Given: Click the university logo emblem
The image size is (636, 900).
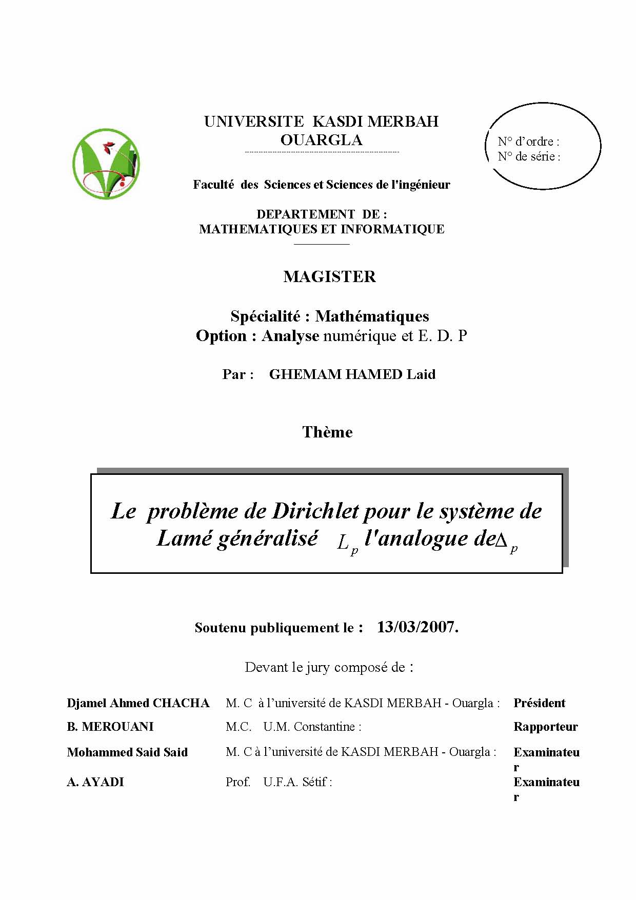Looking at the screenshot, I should (x=106, y=164).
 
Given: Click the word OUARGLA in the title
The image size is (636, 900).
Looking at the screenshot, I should (x=322, y=140).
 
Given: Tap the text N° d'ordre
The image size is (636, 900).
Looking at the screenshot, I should (x=528, y=142).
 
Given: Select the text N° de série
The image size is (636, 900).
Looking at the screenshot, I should (x=528, y=157).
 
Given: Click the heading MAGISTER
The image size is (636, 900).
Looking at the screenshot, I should (x=329, y=277).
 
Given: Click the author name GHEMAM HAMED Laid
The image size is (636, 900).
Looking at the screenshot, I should (x=352, y=374).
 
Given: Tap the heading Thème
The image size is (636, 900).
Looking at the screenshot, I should (x=327, y=432).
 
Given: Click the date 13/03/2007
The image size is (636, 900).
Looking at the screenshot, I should (x=417, y=627).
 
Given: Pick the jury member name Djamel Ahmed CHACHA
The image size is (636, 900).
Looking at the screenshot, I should (x=138, y=703).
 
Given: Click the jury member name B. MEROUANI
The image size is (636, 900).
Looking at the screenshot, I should (x=110, y=727).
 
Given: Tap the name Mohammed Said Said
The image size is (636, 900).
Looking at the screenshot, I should (x=127, y=752).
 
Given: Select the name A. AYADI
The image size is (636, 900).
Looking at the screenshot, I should (x=95, y=782).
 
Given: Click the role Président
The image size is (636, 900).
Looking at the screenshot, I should (x=539, y=703).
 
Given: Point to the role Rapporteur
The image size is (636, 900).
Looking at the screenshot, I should (x=545, y=727).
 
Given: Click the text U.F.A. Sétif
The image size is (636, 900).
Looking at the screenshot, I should (x=296, y=782).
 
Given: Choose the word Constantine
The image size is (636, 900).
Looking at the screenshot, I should (x=325, y=727).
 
